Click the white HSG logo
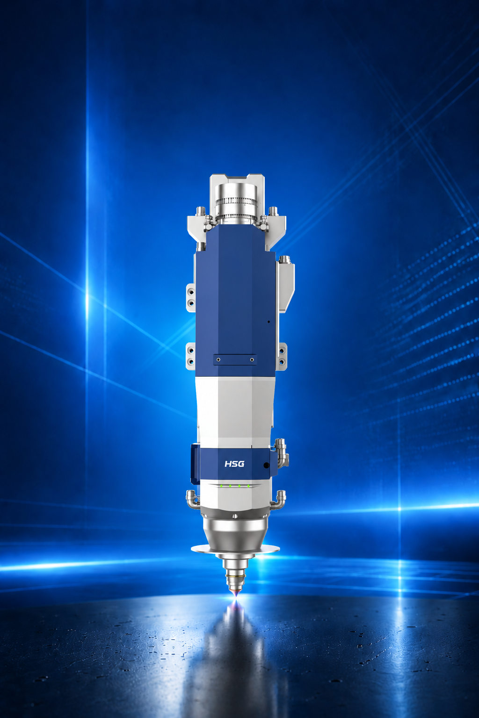[234, 464]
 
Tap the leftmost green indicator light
[221, 486]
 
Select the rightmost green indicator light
[248, 486]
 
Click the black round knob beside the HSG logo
[266, 465]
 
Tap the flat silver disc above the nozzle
[235, 549]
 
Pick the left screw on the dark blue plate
[218, 359]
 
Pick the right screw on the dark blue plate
[252, 359]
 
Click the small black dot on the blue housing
[269, 322]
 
